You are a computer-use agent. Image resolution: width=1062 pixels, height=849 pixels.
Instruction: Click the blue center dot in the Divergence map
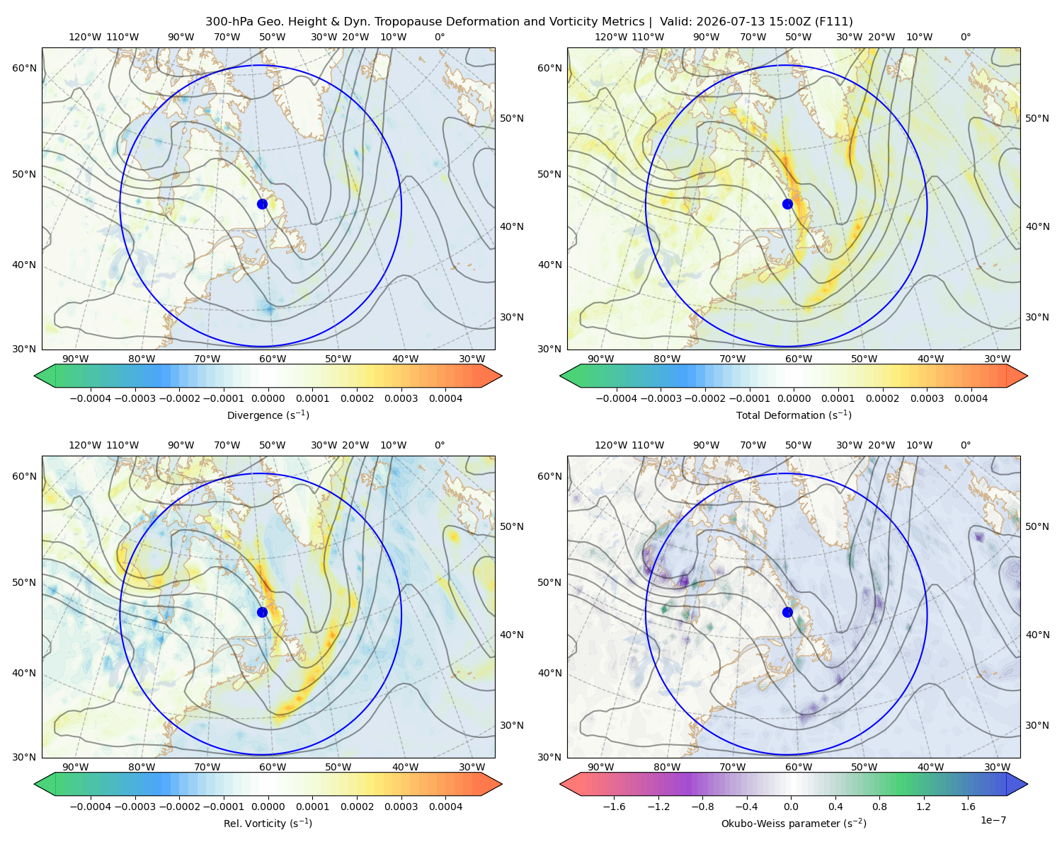(262, 204)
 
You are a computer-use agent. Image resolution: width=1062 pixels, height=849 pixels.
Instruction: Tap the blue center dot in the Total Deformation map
(787, 204)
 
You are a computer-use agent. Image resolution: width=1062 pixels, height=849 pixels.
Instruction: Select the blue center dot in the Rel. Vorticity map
(262, 612)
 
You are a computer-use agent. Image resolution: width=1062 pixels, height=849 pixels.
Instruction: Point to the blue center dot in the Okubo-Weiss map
(787, 612)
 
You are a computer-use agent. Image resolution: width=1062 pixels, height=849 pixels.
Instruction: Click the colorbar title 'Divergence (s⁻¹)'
(268, 415)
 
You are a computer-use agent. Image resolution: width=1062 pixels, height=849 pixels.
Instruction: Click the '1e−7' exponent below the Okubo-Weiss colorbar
(993, 821)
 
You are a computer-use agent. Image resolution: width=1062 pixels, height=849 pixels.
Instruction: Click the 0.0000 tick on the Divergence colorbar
(268, 398)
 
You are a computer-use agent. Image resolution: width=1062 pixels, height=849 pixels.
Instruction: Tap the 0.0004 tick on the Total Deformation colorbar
(971, 398)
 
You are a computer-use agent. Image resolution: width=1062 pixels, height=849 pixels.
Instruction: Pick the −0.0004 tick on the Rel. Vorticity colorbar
(91, 807)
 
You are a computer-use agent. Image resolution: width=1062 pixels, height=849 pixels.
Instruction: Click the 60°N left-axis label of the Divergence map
(24, 68)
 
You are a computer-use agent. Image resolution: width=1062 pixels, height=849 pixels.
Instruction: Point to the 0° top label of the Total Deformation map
(965, 37)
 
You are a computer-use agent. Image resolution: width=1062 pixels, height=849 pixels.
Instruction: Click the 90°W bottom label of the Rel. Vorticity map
(76, 767)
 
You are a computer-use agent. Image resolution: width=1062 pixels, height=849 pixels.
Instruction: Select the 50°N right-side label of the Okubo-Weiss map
(1037, 526)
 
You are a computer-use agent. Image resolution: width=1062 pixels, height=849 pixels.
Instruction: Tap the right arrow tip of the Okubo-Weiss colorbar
(1027, 785)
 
